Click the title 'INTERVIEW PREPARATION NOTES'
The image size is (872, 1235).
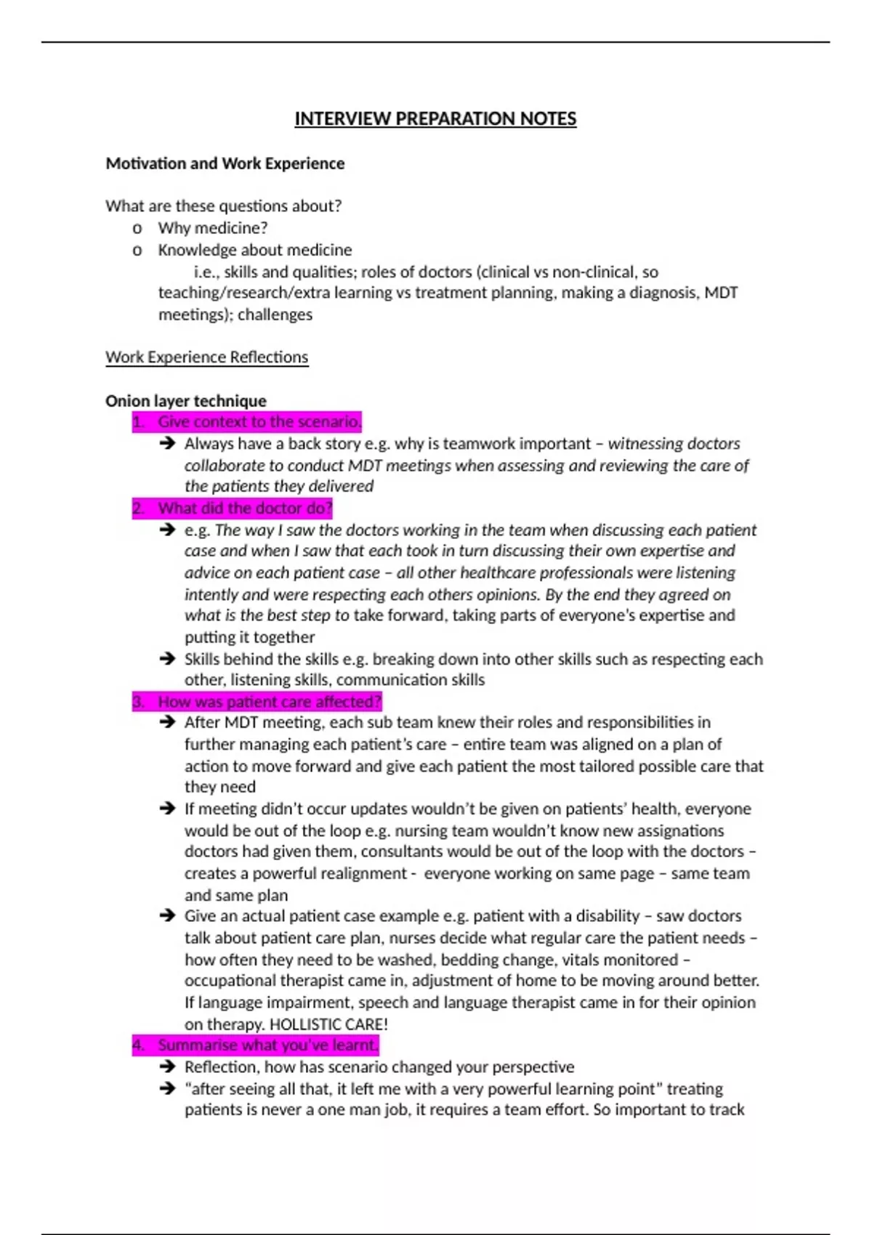(435, 118)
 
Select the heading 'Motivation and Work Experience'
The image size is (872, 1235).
(225, 163)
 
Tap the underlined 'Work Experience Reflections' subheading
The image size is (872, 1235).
(207, 357)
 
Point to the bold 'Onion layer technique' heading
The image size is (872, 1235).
(186, 401)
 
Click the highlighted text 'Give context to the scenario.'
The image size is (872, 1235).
(259, 422)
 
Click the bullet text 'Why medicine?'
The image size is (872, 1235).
(213, 228)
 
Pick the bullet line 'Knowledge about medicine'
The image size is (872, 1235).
(255, 250)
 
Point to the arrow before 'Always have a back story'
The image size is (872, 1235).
(168, 443)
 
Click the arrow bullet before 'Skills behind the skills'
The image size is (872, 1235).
(168, 659)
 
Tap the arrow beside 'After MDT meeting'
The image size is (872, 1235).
(168, 722)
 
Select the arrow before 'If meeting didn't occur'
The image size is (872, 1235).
(168, 809)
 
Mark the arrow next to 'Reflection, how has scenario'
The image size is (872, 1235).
(168, 1067)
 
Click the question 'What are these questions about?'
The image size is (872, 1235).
(224, 206)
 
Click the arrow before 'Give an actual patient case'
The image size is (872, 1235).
(168, 916)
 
